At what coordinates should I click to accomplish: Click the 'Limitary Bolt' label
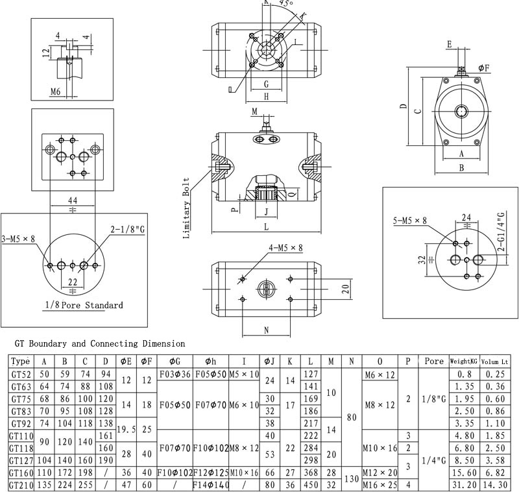coord(187,208)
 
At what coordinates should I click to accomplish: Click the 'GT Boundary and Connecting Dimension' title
coord(99,343)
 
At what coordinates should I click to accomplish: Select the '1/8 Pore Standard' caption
coord(84,304)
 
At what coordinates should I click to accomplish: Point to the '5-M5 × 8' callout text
coord(411,221)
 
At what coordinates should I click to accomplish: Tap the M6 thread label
coord(56,92)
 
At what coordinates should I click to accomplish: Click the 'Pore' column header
coord(433,361)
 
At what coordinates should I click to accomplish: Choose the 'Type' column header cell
coord(21,361)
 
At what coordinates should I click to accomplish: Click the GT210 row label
coord(21,485)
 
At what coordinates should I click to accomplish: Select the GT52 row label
coord(21,373)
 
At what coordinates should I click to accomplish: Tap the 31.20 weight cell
coord(465,485)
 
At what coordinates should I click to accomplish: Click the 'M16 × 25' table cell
coord(380,485)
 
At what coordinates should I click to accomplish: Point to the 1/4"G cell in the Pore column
coord(433,460)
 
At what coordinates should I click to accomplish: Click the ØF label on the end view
coord(483,68)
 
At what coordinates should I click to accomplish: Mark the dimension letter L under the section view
coord(267,227)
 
